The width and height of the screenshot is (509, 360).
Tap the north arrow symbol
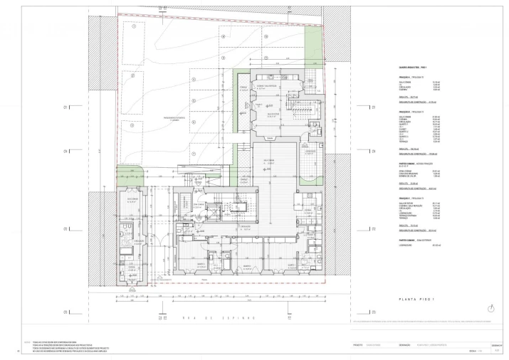pos(490,307)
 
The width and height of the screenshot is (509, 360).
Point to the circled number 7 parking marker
pos(192,154)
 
